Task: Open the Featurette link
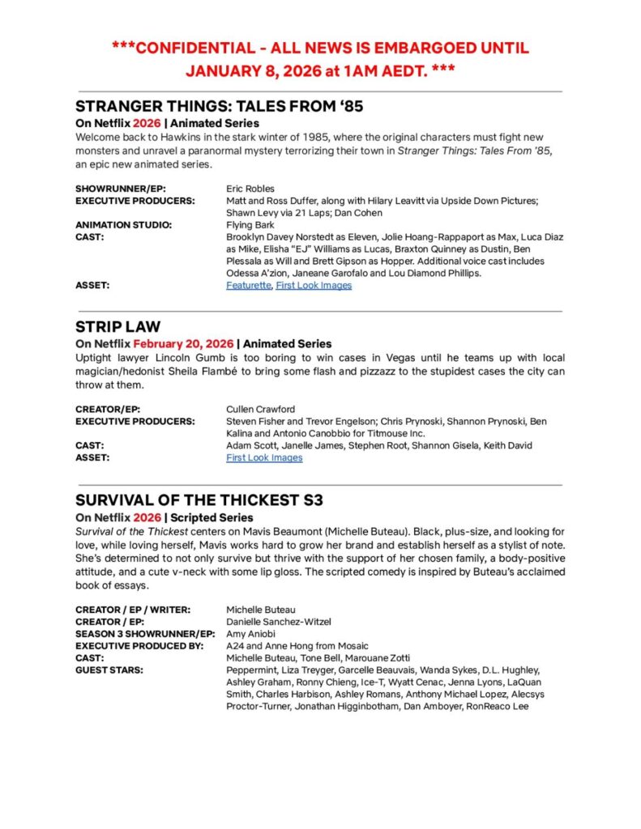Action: (x=249, y=285)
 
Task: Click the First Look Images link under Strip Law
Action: (x=264, y=457)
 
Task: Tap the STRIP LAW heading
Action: (x=118, y=327)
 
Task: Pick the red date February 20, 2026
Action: (x=182, y=344)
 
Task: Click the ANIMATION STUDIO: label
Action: (x=123, y=225)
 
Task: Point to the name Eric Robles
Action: (x=250, y=189)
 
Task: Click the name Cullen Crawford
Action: (x=260, y=410)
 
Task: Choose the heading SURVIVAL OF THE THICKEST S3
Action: (x=199, y=500)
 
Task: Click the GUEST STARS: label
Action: (x=109, y=670)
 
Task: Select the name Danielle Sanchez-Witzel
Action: (x=279, y=622)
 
